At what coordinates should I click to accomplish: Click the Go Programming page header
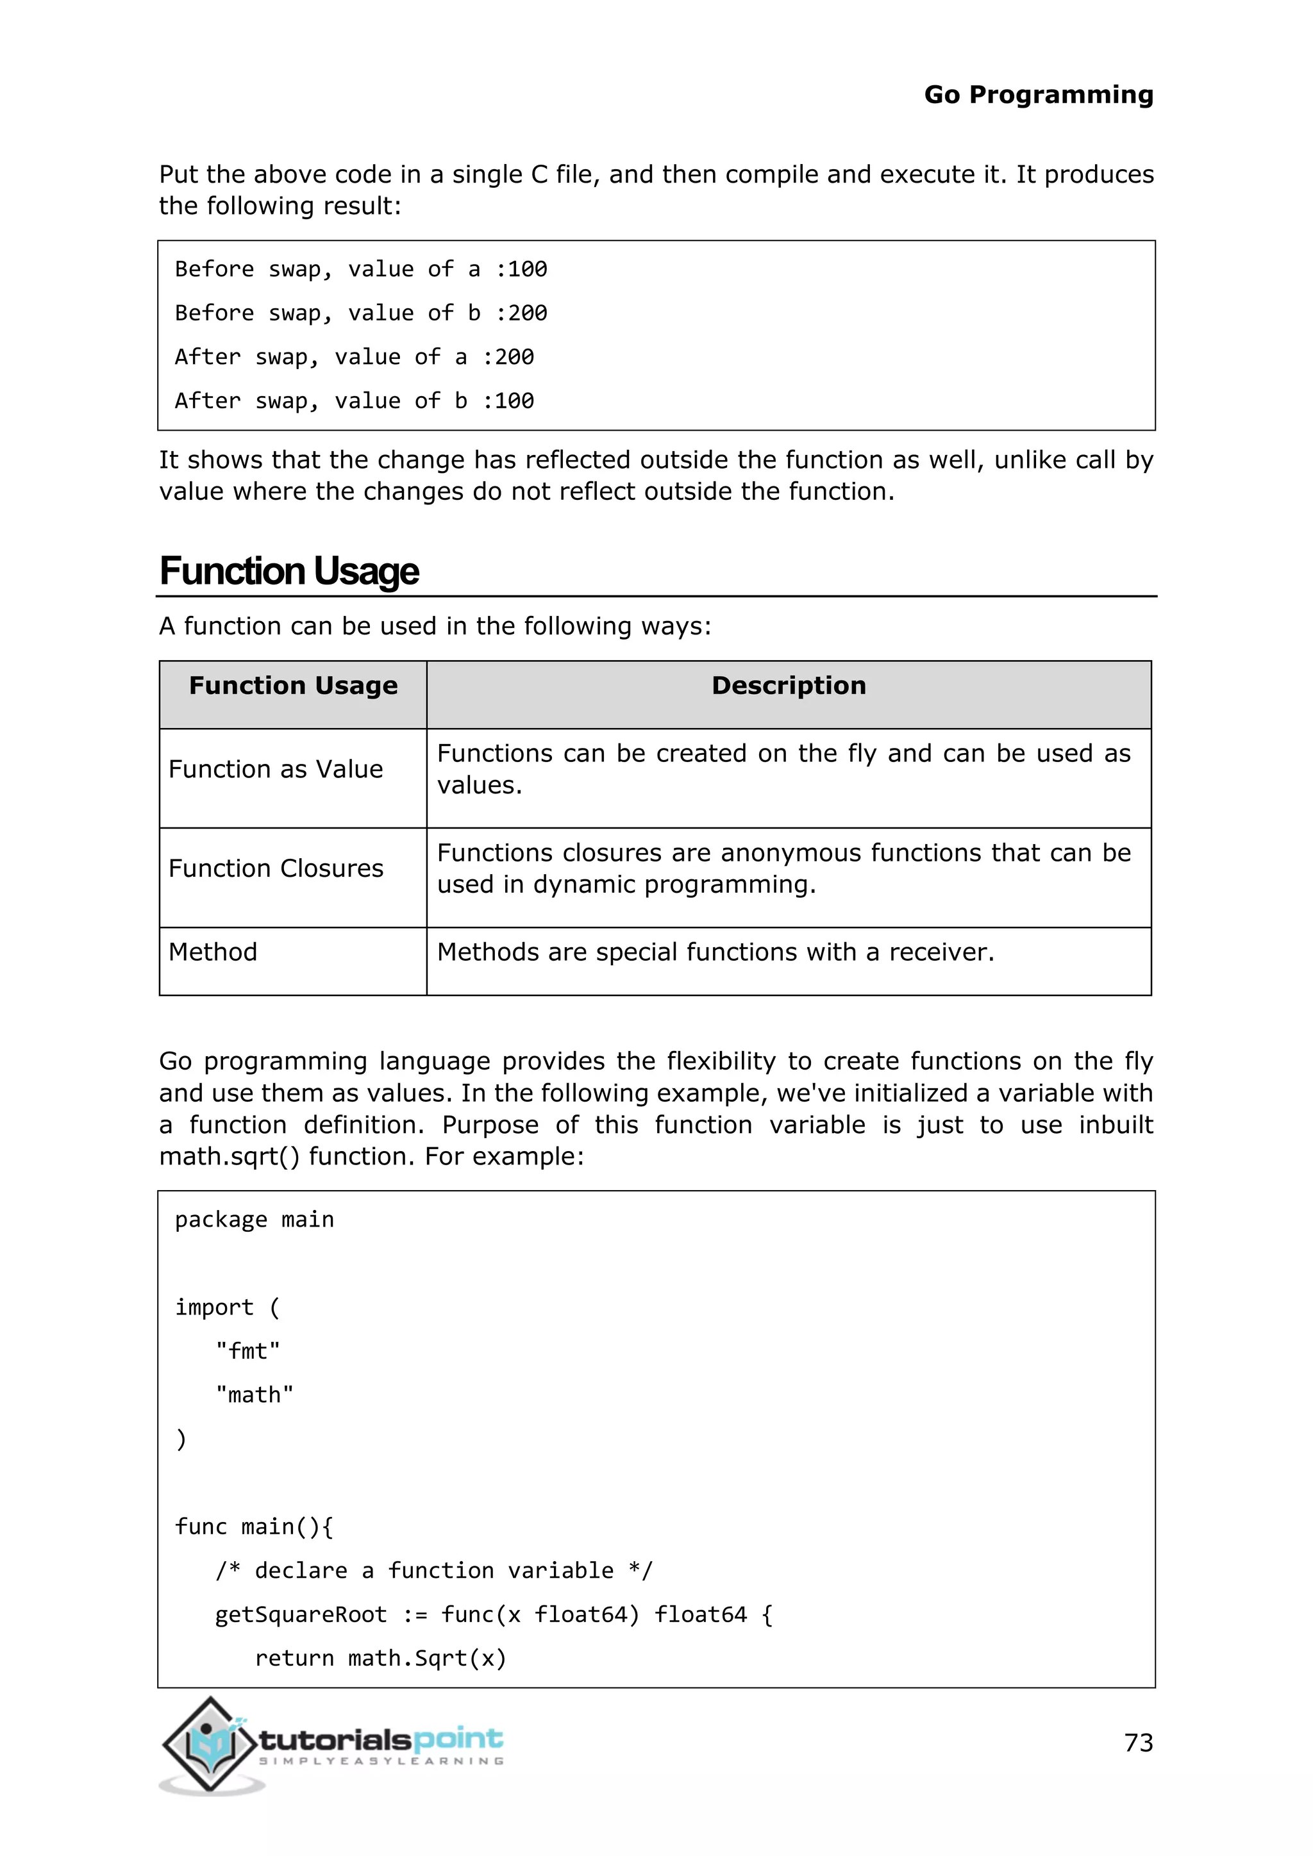[1038, 95]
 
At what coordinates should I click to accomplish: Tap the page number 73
[1137, 1743]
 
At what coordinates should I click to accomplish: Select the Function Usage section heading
[289, 570]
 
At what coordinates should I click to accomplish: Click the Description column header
[789, 686]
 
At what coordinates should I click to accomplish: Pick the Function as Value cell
[276, 769]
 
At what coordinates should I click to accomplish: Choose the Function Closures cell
[276, 868]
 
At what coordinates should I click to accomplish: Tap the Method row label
[213, 952]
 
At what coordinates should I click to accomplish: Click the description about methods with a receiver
[715, 952]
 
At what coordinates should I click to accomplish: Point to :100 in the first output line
[521, 269]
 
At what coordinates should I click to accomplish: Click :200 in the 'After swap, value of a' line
[508, 358]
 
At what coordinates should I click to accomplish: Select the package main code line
[254, 1219]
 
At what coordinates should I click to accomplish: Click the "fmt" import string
[247, 1351]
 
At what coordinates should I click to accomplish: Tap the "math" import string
[254, 1395]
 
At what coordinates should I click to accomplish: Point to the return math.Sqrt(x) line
[380, 1658]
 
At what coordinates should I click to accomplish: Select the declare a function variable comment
[433, 1571]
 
